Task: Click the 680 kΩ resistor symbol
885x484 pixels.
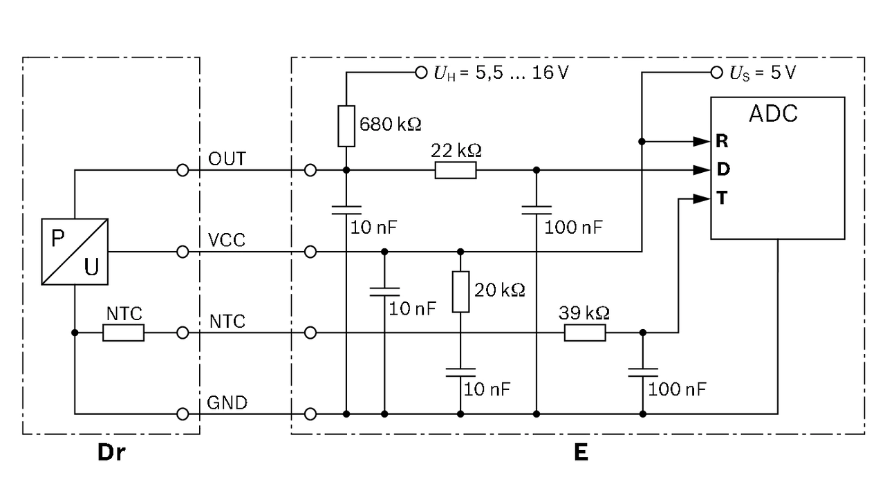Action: [346, 127]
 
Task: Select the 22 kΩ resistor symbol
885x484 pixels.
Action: [455, 170]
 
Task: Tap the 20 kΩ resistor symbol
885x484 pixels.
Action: [460, 292]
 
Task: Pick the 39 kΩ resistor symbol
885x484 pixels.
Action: [585, 333]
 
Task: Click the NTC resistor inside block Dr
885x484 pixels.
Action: [124, 333]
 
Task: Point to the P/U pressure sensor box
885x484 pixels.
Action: [74, 251]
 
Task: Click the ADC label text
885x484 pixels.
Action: [773, 113]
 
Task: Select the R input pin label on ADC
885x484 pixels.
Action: [722, 142]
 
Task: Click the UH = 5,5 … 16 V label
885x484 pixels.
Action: [501, 72]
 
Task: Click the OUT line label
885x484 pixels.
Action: [227, 159]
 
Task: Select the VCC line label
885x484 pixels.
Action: [226, 240]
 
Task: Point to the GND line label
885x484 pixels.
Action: [227, 403]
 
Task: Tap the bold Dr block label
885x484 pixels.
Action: [111, 453]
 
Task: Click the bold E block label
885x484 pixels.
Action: [581, 453]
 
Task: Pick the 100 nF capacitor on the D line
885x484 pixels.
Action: [537, 210]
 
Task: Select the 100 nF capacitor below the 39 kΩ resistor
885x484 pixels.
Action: [643, 373]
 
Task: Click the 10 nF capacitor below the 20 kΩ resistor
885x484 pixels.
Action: [460, 373]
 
